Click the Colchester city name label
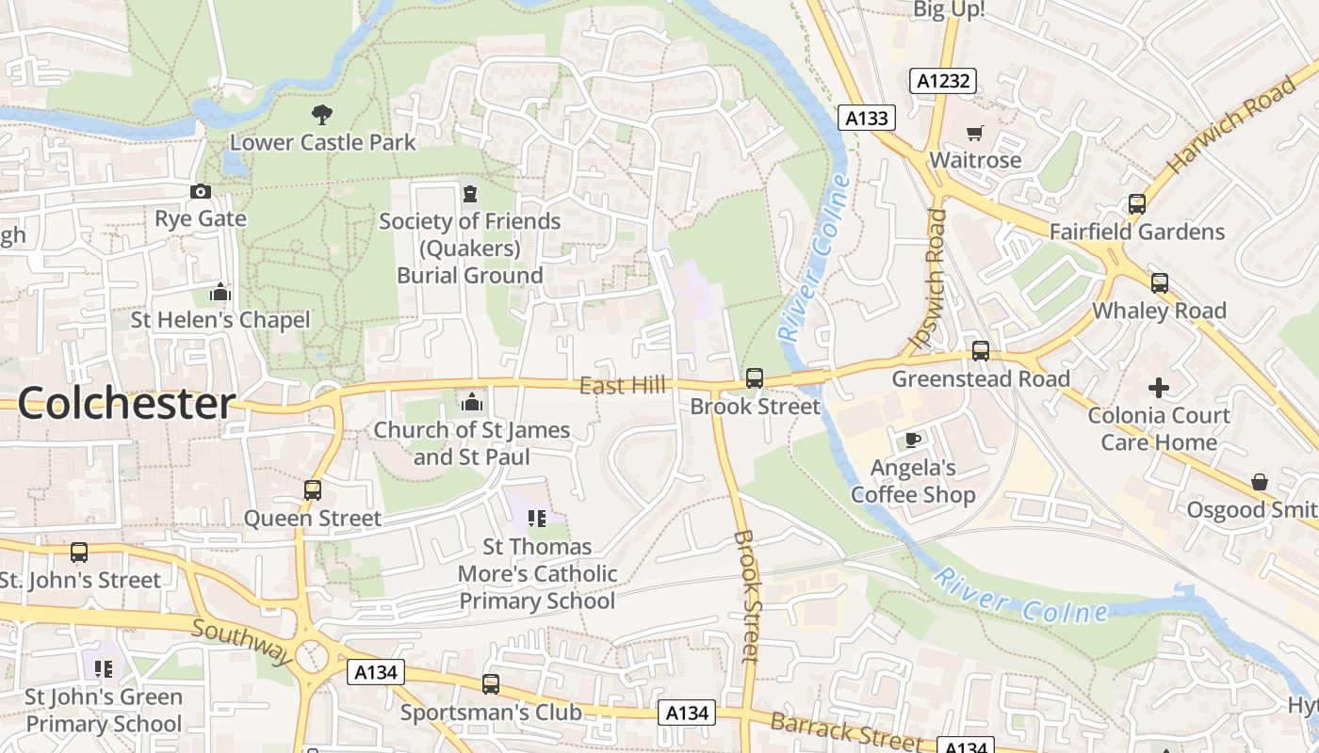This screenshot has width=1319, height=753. (x=125, y=404)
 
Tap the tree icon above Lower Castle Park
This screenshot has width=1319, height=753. (x=322, y=115)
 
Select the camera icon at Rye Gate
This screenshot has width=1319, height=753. (x=201, y=192)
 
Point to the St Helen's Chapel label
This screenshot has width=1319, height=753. (x=220, y=320)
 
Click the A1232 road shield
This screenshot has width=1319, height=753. (x=943, y=81)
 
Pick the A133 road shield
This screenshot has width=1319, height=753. (x=866, y=118)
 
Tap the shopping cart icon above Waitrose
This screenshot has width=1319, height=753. (x=974, y=134)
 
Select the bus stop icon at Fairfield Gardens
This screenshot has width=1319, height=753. (x=1137, y=204)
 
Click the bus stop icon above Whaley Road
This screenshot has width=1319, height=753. (x=1159, y=283)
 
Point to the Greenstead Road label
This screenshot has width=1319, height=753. (x=981, y=378)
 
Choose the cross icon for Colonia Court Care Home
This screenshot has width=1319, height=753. (x=1158, y=387)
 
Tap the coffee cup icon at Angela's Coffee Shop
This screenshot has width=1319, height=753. (x=912, y=440)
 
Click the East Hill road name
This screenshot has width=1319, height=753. (x=622, y=385)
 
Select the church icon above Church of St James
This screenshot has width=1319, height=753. (x=472, y=403)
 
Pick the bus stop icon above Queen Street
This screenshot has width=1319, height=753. (x=313, y=490)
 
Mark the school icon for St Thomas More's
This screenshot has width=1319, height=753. (x=537, y=519)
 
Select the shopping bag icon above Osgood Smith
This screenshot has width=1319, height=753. (x=1259, y=482)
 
